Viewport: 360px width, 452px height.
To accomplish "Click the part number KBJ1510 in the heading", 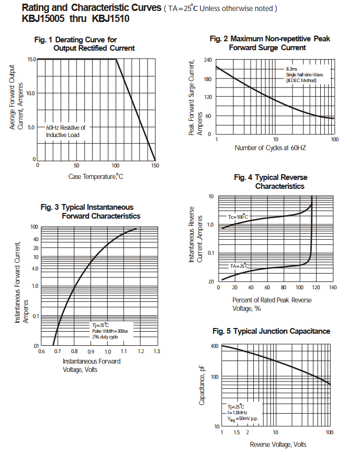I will pyautogui.click(x=110, y=19).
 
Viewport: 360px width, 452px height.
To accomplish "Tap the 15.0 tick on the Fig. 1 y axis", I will pyautogui.click(x=31, y=59).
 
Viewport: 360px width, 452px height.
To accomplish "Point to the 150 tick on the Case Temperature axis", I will pyautogui.click(x=155, y=165).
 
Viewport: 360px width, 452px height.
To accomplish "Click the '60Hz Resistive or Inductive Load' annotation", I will pyautogui.click(x=65, y=131).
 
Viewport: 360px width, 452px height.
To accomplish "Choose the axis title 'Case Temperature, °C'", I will pyautogui.click(x=96, y=176).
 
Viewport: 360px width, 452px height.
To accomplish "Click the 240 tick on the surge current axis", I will pyautogui.click(x=208, y=60).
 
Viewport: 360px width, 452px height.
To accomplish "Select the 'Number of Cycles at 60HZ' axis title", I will pyautogui.click(x=270, y=148).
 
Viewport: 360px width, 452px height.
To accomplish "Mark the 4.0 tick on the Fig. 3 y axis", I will pyautogui.click(x=35, y=268).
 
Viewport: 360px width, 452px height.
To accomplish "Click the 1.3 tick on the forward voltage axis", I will pyautogui.click(x=156, y=351).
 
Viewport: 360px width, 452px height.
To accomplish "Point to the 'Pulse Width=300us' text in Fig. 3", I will pyautogui.click(x=110, y=331).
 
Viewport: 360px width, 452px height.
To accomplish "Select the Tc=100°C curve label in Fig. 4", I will pyautogui.click(x=237, y=217).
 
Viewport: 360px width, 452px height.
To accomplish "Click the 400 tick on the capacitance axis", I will pyautogui.click(x=215, y=346).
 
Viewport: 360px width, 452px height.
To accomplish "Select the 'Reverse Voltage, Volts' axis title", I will pyautogui.click(x=278, y=444).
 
